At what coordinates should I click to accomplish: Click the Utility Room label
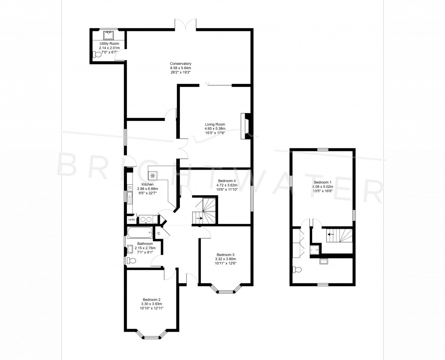click(109, 43)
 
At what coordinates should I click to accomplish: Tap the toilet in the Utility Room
click(96, 55)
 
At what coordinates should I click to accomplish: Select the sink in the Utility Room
click(109, 35)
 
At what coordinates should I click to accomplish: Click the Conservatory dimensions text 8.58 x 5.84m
click(180, 68)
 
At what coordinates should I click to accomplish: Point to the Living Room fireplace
click(246, 126)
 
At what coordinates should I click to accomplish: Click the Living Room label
click(215, 124)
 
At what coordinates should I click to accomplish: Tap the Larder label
click(131, 220)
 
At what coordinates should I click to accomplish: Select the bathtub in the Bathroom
click(140, 233)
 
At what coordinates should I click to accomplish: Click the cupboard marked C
click(159, 233)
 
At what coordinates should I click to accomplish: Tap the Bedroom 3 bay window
click(226, 288)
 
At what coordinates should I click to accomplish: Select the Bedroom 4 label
click(227, 181)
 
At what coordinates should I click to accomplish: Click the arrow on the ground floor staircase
click(199, 218)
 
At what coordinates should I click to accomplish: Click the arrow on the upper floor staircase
click(331, 234)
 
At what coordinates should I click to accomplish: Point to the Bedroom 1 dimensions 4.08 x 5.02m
click(322, 187)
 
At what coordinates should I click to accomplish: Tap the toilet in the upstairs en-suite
click(298, 270)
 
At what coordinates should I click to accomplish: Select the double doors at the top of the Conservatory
click(185, 24)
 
